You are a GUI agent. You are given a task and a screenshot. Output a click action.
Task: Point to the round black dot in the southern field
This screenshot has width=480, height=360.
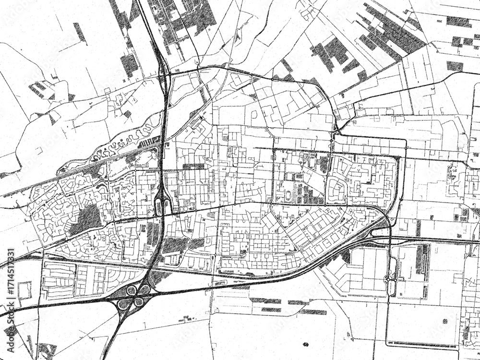(x=306, y=344)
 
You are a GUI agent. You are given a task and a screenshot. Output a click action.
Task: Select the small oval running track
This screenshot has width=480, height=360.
(x=288, y=195)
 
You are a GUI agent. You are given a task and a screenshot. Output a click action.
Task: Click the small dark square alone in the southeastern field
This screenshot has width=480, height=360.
(x=444, y=321)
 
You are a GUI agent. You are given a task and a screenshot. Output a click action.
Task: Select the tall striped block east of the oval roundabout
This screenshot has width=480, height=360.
(x=422, y=259)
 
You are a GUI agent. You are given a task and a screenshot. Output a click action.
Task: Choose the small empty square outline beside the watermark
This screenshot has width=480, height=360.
(x=23, y=291)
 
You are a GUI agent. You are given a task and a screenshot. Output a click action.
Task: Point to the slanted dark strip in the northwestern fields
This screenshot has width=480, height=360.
(x=80, y=33)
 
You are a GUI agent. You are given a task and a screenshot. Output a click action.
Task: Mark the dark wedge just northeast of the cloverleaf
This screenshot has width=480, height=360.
(x=158, y=276)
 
